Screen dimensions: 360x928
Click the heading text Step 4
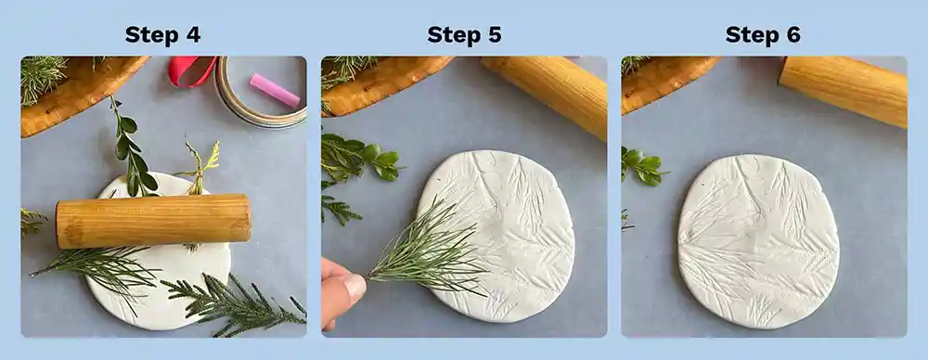click(x=162, y=35)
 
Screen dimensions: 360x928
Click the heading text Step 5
click(x=464, y=35)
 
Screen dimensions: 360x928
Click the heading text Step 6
click(x=763, y=35)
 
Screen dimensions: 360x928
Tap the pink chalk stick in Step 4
click(x=274, y=90)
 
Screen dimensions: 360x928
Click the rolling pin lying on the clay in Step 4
click(x=153, y=221)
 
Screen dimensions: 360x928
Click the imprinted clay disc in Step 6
click(x=758, y=241)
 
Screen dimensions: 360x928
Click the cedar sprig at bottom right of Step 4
click(x=237, y=302)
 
